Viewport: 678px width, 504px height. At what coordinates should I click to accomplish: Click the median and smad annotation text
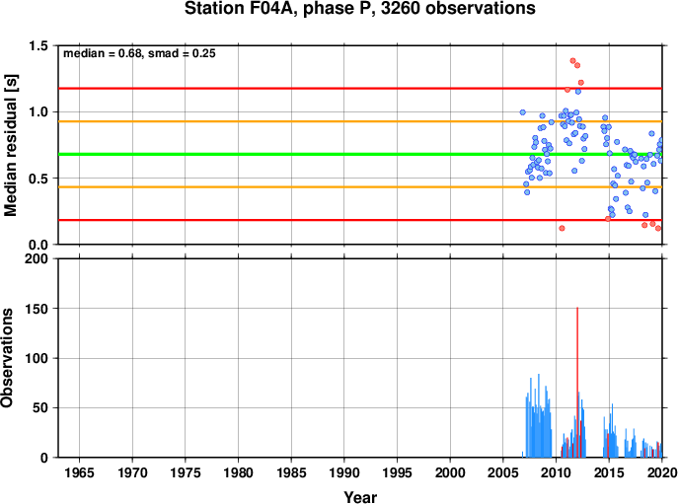(139, 53)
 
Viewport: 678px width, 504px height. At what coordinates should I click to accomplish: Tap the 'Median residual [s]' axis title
(10, 145)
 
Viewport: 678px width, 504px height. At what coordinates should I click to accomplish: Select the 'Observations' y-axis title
(7, 358)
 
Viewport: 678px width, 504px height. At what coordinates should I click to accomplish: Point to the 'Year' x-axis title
(360, 497)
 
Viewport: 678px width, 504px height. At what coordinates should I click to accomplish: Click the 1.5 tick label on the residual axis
(38, 45)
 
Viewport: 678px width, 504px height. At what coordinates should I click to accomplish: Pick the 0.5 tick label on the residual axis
(38, 179)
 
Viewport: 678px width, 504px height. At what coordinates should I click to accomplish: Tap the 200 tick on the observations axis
(38, 259)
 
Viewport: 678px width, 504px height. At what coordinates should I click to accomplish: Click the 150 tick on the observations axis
(38, 309)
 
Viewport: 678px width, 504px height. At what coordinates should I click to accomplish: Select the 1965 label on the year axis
(79, 472)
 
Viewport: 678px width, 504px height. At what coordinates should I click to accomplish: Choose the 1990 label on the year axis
(344, 472)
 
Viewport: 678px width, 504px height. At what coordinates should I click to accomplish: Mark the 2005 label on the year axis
(503, 472)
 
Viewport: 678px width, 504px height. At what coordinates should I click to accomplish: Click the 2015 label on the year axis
(609, 472)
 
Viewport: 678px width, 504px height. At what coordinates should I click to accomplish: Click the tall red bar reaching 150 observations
(577, 382)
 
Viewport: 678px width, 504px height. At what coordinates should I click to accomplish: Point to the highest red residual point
(573, 61)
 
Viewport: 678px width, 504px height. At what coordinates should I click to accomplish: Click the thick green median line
(360, 154)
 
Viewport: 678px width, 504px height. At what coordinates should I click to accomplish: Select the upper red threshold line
(360, 89)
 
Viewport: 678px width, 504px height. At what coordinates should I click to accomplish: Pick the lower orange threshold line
(360, 187)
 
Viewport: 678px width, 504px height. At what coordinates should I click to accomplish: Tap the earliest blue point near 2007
(523, 112)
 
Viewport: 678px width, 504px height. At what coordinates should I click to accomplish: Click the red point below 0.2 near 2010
(562, 228)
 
